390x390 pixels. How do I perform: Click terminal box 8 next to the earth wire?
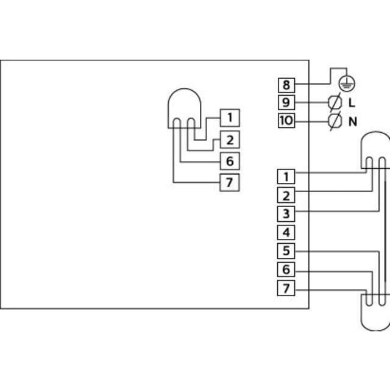(286, 85)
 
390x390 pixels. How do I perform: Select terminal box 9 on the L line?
(286, 102)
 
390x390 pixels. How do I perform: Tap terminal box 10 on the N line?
(286, 121)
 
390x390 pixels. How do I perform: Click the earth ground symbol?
(347, 83)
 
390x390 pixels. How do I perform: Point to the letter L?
(352, 102)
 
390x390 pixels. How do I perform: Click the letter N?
(353, 122)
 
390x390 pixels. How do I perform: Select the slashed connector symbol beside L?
(335, 102)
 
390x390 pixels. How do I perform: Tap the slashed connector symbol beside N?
(335, 121)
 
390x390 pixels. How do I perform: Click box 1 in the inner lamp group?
(230, 118)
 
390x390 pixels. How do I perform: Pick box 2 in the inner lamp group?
(230, 140)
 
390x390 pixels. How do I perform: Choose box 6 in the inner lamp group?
(230, 161)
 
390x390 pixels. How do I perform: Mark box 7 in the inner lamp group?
(230, 183)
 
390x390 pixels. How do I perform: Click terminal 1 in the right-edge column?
(286, 177)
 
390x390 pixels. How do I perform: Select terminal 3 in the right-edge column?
(286, 214)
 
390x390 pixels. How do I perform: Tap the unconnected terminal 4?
(286, 233)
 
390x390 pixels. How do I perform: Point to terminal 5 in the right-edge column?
(286, 250)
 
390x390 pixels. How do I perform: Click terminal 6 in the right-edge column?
(286, 269)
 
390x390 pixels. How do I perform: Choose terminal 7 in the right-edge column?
(286, 288)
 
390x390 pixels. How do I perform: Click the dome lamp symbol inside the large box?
(184, 89)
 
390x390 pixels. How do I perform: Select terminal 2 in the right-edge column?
(286, 195)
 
